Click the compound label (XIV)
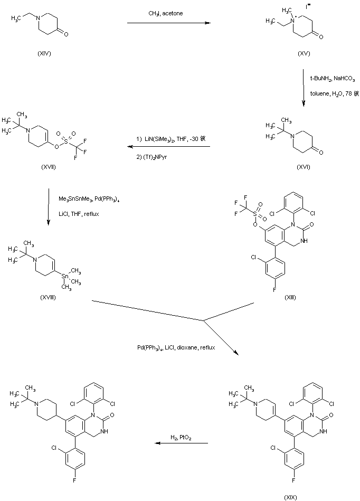point(44,53)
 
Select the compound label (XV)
point(303,53)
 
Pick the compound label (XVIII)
point(48,297)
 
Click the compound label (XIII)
point(290,297)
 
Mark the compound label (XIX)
point(290,496)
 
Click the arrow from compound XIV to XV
point(166,23)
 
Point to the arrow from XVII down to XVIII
point(48,206)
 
